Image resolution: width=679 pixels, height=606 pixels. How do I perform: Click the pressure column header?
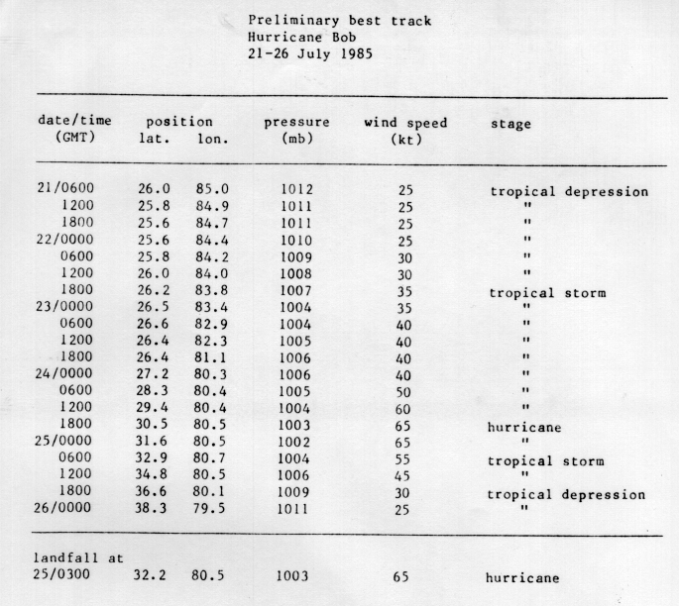pyautogui.click(x=296, y=124)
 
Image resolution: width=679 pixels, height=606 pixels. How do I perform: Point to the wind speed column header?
pyautogui.click(x=405, y=124)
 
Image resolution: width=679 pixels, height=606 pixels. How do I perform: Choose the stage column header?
pyautogui.click(x=510, y=125)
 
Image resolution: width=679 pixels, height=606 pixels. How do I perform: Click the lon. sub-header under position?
pyautogui.click(x=212, y=140)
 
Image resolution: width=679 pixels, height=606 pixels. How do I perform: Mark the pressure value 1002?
pyautogui.click(x=296, y=442)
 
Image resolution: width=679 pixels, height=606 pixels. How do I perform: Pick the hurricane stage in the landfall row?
pyautogui.click(x=521, y=577)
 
